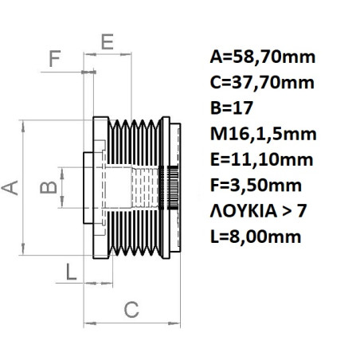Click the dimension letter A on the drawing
point(10,187)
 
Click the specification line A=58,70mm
point(263,57)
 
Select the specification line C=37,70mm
point(262,82)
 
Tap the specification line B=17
point(231,108)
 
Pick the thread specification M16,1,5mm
point(262,133)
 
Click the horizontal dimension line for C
point(131,323)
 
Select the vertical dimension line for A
point(29,187)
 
